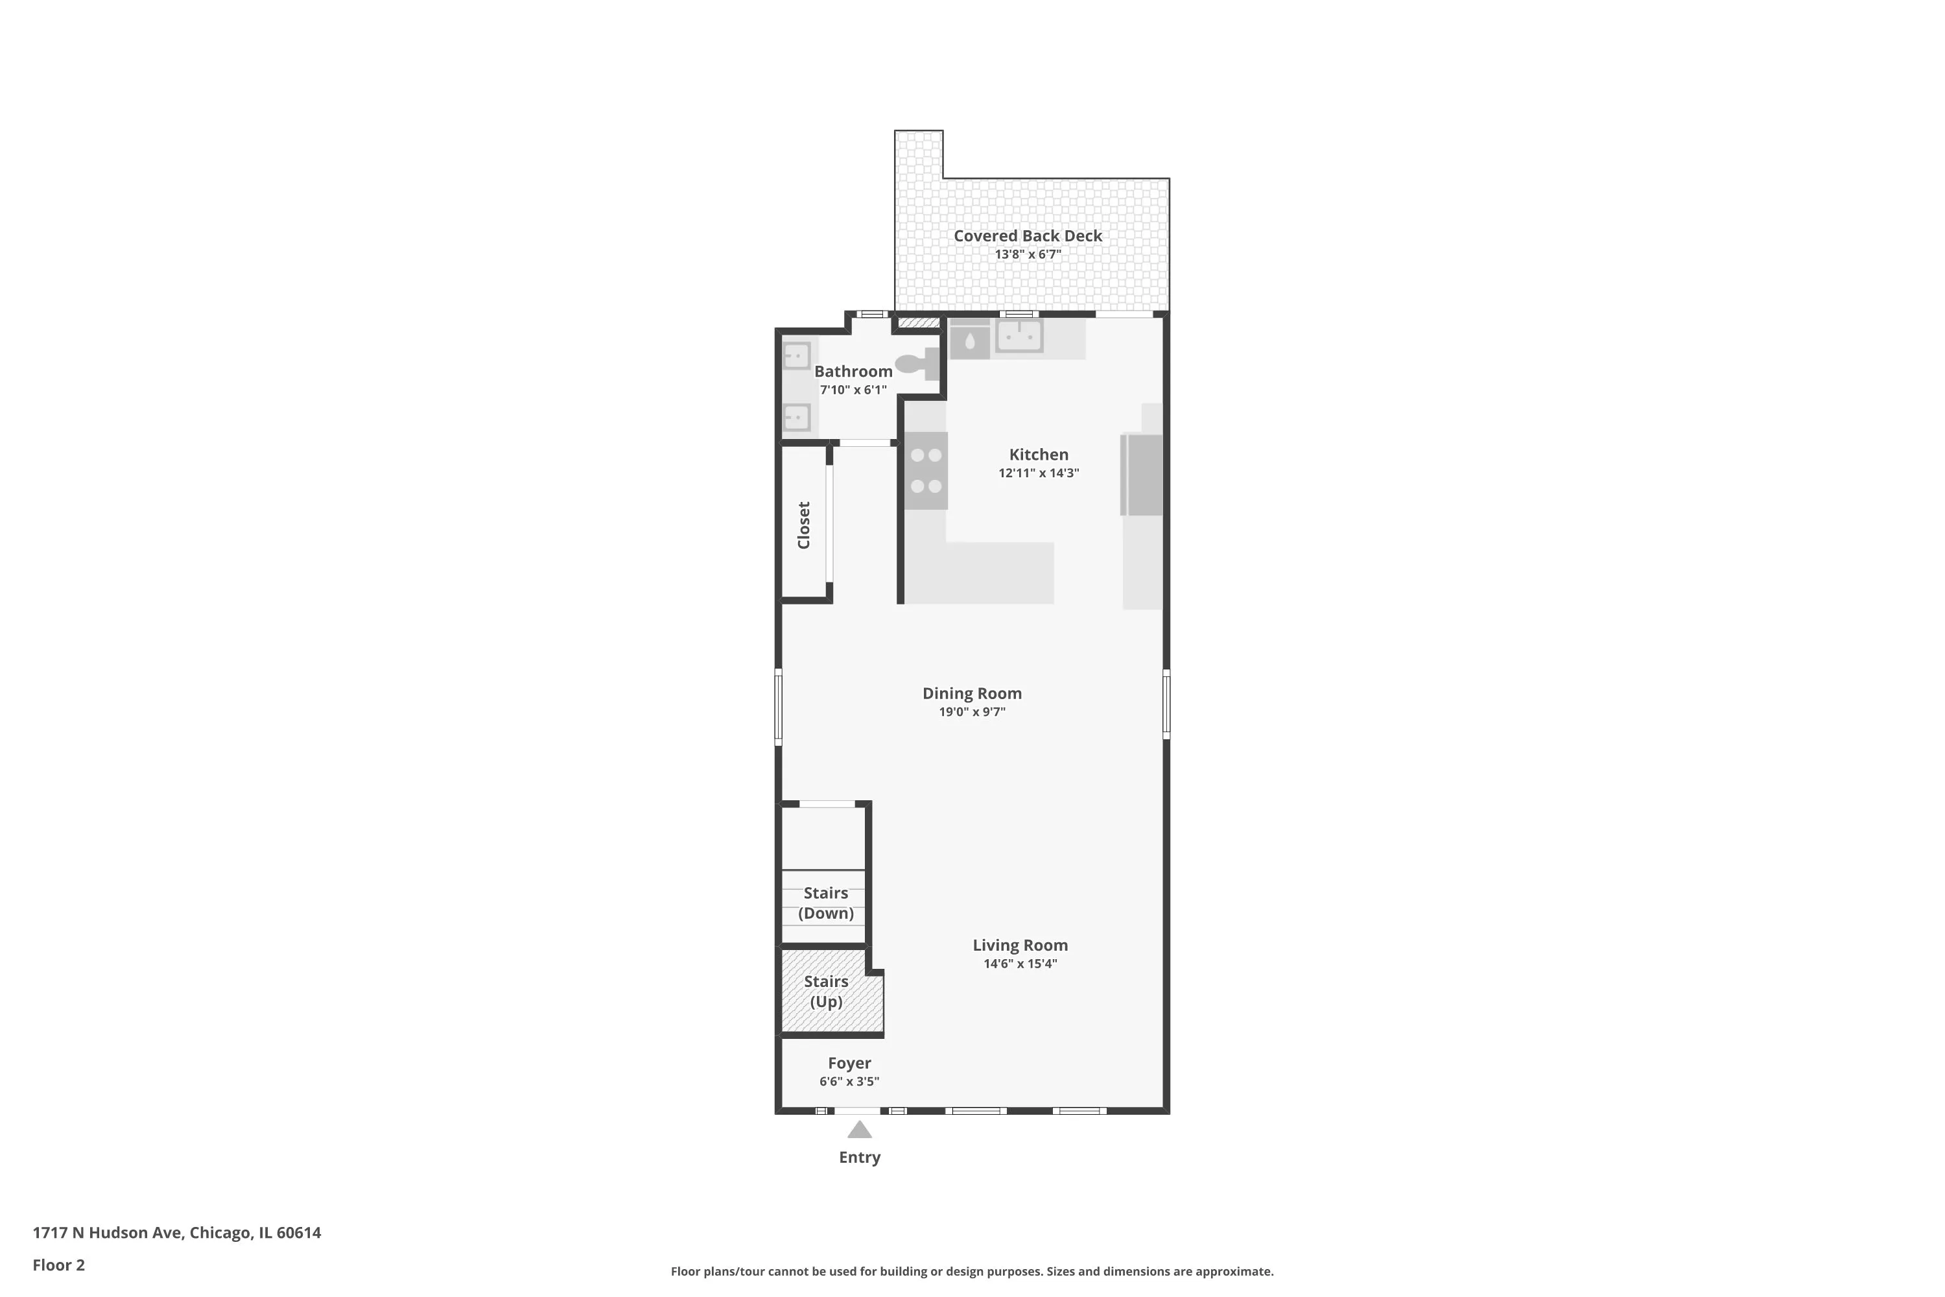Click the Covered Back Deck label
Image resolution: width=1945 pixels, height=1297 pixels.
click(x=1027, y=236)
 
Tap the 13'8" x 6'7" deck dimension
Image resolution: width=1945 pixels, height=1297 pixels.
click(x=1027, y=255)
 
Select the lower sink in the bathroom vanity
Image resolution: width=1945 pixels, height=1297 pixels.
click(x=796, y=417)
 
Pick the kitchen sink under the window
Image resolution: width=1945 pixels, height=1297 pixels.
click(x=1019, y=337)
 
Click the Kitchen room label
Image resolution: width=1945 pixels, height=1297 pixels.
click(x=1038, y=454)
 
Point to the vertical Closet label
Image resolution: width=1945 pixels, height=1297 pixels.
click(x=804, y=525)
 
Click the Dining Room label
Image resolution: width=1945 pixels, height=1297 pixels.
click(x=972, y=693)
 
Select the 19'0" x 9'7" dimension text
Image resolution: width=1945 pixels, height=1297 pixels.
click(x=972, y=712)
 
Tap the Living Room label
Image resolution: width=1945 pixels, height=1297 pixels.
click(x=1020, y=945)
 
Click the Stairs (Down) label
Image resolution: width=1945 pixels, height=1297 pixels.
click(x=825, y=903)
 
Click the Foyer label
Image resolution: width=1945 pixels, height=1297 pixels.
click(x=849, y=1063)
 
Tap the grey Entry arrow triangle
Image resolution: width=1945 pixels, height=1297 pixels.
click(x=859, y=1130)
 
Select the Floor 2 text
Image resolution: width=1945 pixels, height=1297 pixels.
click(x=59, y=1265)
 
